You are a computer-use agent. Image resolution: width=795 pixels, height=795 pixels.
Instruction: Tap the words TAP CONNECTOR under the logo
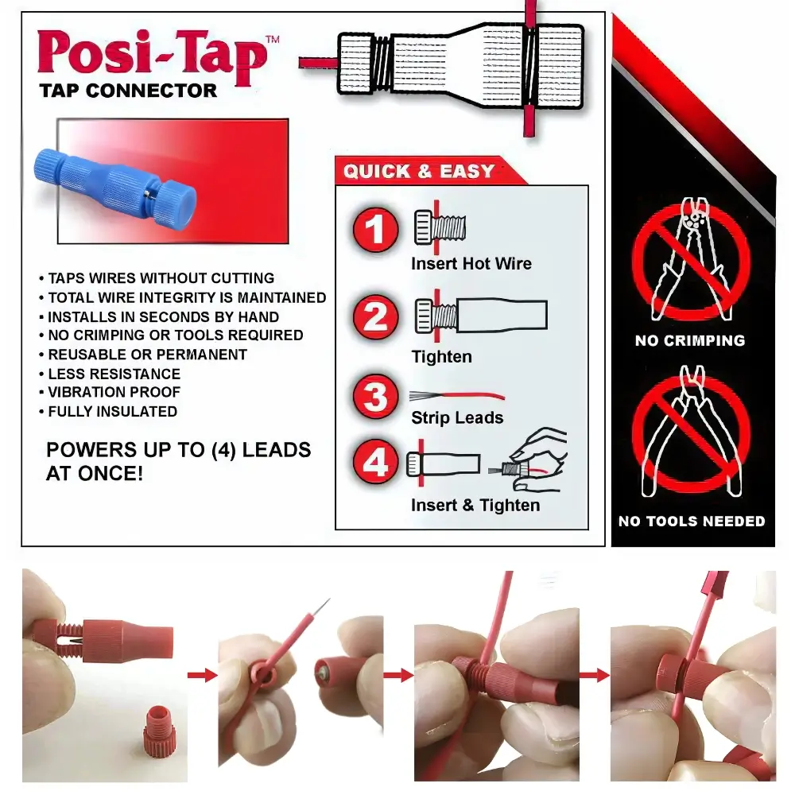point(128,91)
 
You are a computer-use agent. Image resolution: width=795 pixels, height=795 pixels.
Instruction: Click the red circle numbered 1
point(375,230)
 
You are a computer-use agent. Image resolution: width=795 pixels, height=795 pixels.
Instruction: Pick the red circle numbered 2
point(375,317)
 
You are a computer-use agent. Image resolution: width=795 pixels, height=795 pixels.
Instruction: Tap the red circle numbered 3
point(375,397)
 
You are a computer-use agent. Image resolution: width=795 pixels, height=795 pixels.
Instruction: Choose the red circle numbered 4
point(375,461)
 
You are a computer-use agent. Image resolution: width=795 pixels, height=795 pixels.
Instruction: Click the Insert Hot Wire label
point(471,264)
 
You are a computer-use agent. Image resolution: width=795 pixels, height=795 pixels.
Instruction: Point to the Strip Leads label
point(457,418)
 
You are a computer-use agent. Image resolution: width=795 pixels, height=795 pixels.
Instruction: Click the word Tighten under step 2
point(441,357)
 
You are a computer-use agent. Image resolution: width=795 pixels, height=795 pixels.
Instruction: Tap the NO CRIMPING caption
point(690,341)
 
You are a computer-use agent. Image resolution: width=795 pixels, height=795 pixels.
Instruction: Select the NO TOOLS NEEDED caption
point(692,522)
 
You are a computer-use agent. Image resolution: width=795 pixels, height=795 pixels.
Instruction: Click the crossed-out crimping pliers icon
point(692,260)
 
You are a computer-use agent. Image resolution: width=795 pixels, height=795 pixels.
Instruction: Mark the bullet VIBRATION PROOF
point(114,393)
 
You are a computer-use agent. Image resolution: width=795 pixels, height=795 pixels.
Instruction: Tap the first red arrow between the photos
point(202,675)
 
